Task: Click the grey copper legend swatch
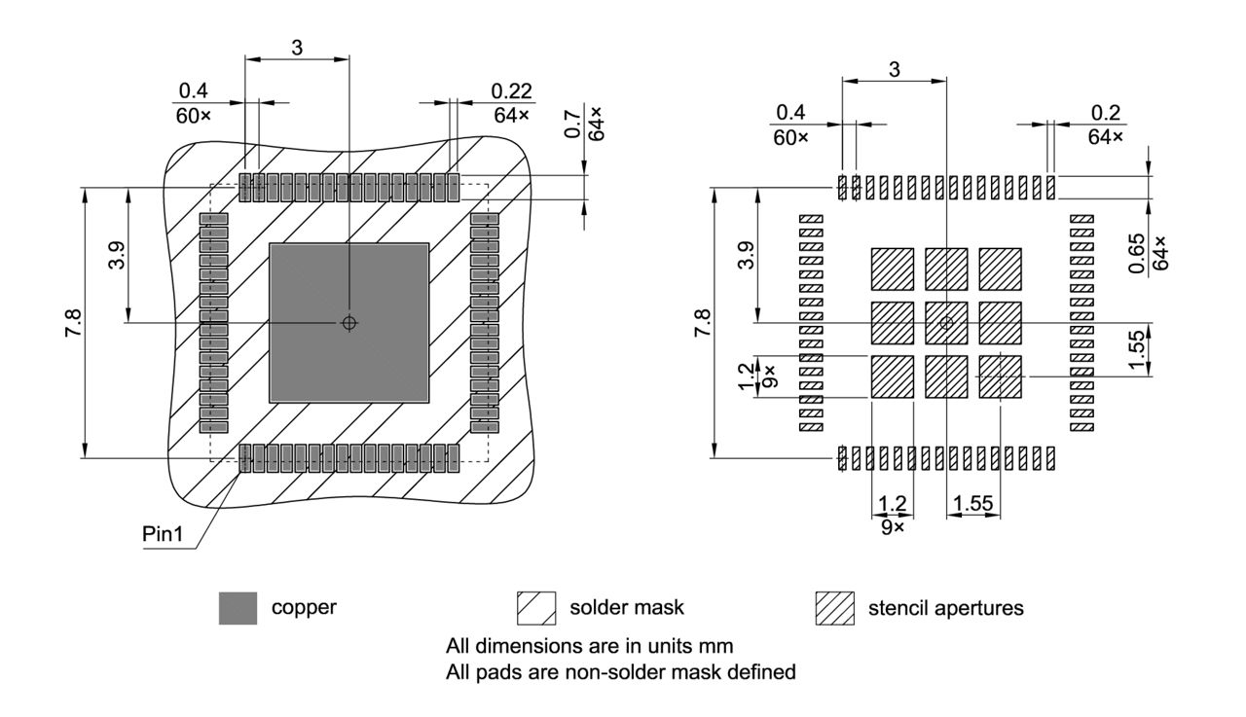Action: click(x=238, y=609)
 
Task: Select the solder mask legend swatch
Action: click(x=536, y=609)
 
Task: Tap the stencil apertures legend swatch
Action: click(x=834, y=609)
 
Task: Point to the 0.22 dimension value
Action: click(x=511, y=90)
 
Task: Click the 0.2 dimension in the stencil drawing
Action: click(x=1105, y=113)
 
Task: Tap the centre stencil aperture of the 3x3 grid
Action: click(x=946, y=323)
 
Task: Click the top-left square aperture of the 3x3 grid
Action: click(x=892, y=269)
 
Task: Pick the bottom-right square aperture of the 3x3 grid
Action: click(x=1001, y=376)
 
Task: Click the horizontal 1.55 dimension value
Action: click(x=972, y=502)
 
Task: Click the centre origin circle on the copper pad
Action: click(x=349, y=323)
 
